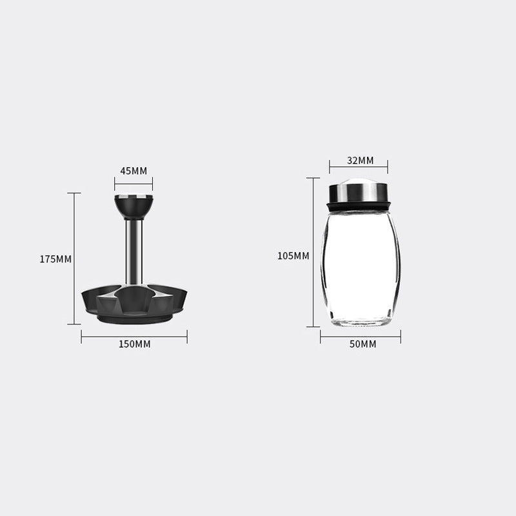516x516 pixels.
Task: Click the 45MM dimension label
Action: (x=134, y=171)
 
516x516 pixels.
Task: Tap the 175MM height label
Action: (x=55, y=259)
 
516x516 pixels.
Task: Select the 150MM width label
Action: (x=135, y=344)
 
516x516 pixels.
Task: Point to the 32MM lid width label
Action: (x=361, y=160)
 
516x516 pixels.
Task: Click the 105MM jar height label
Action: (x=293, y=255)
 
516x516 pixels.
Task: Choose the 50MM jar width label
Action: (x=362, y=344)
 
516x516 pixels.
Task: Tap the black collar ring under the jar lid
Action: (x=359, y=206)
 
